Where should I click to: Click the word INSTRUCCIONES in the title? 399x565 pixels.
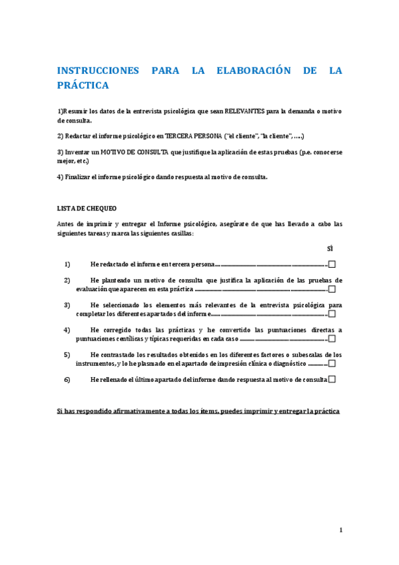pos(98,71)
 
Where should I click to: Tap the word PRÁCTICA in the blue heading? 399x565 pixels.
pos(83,86)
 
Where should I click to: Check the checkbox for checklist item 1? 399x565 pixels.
pos(332,264)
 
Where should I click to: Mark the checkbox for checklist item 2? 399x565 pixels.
pos(332,289)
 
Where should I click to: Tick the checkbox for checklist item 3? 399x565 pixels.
pos(332,314)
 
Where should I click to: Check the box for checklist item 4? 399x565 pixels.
pos(332,338)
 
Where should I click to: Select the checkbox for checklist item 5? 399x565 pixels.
pos(332,364)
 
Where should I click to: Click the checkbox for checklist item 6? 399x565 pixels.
pos(332,379)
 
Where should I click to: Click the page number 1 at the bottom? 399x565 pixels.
pos(340,530)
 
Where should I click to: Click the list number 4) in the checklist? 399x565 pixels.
pos(67,330)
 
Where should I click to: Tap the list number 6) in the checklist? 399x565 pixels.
pos(67,380)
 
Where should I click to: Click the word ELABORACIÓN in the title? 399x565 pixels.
pos(256,71)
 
